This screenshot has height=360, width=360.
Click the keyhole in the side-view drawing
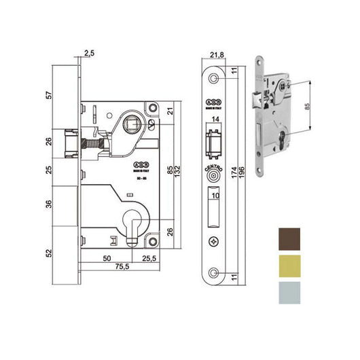pyautogui.click(x=134, y=230)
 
